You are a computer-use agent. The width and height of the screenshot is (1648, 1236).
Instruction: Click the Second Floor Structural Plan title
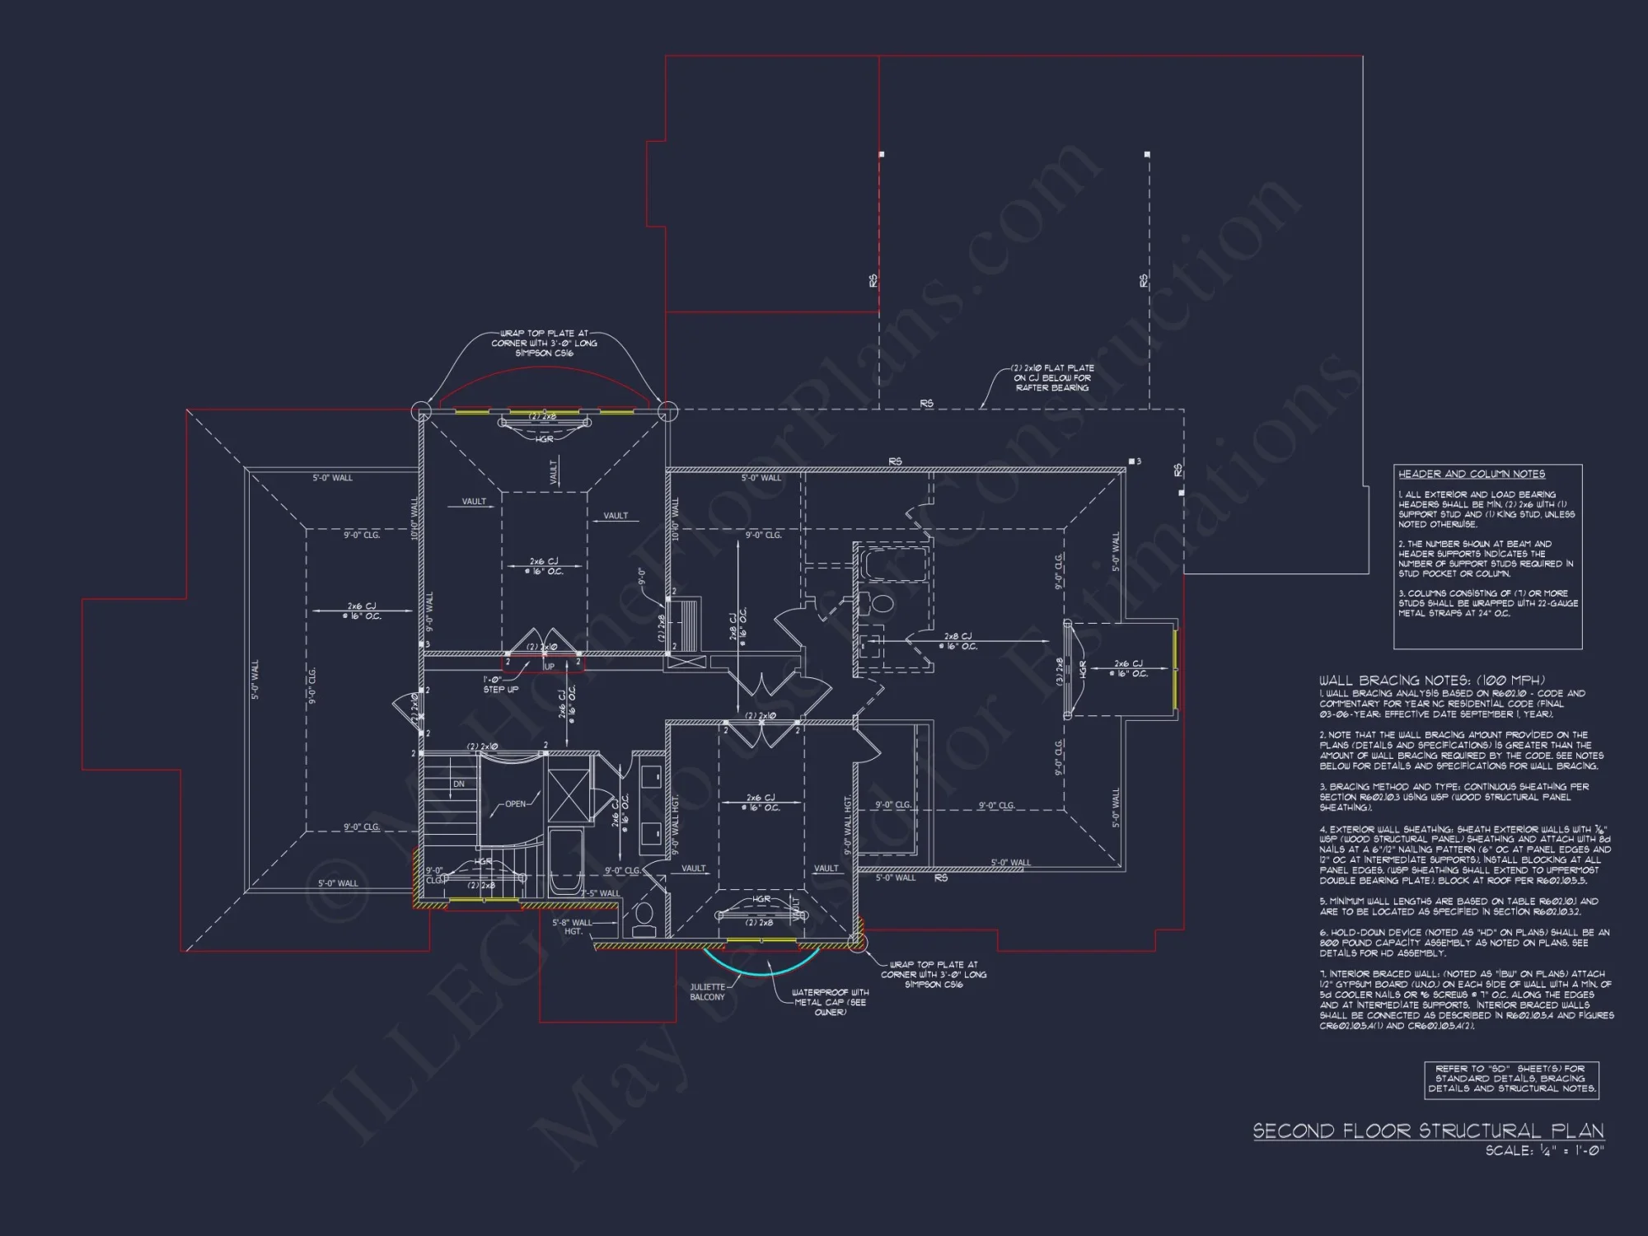click(1428, 1131)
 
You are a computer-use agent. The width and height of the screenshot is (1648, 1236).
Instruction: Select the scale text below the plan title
click(1544, 1150)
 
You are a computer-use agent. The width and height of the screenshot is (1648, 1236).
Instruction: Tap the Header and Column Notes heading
click(1471, 474)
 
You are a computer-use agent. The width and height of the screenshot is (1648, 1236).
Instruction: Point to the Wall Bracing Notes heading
click(1432, 681)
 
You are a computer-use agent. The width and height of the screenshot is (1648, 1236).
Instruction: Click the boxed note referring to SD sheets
click(1511, 1079)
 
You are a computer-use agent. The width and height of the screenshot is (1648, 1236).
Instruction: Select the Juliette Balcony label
click(707, 991)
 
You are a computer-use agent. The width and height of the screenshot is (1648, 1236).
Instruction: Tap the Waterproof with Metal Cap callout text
click(830, 1002)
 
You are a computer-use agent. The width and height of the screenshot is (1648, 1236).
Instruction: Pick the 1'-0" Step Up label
click(500, 685)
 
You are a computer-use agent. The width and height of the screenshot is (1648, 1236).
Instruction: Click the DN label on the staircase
click(458, 784)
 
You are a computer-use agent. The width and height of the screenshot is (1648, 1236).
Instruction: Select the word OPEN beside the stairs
click(515, 803)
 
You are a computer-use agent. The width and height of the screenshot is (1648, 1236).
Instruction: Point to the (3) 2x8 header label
click(1060, 669)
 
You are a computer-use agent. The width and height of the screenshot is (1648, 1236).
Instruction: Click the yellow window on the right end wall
click(1175, 669)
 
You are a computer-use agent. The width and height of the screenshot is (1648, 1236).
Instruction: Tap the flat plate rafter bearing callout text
click(1052, 377)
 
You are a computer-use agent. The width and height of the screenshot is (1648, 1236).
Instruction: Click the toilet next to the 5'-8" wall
click(644, 916)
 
